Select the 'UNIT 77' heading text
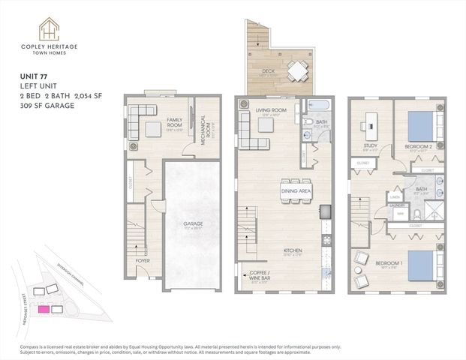(33, 76)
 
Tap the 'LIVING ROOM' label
(270, 110)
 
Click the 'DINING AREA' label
(296, 192)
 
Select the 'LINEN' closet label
(394, 196)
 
